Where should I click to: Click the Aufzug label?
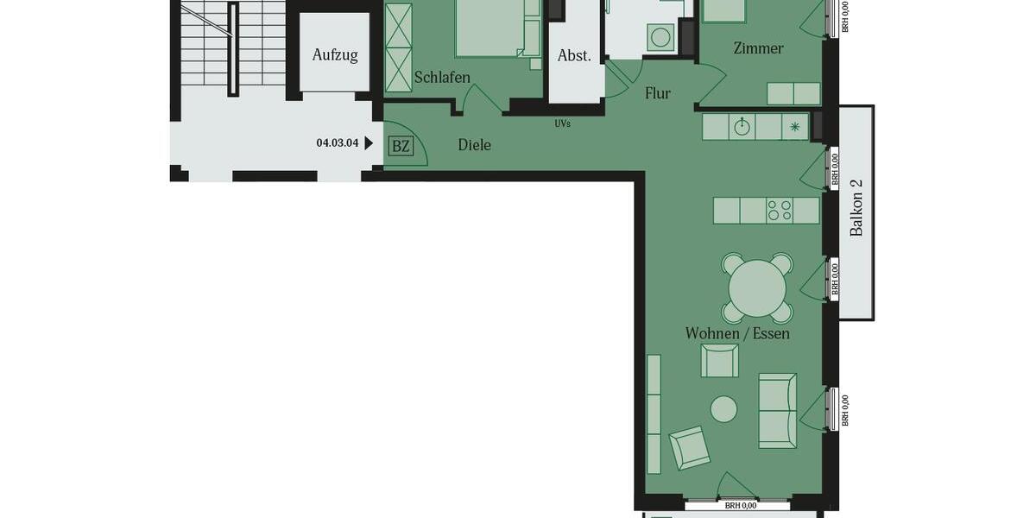click(x=334, y=55)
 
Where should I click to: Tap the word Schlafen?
click(x=442, y=78)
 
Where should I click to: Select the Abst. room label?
click(x=574, y=56)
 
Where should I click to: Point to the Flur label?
click(x=657, y=93)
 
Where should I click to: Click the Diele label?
click(x=474, y=145)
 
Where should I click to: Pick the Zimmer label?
click(x=758, y=48)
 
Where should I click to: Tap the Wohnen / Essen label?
click(x=737, y=333)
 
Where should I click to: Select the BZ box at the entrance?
click(x=401, y=146)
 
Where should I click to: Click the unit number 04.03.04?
click(x=338, y=143)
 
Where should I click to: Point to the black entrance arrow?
click(x=370, y=143)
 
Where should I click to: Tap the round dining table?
click(x=757, y=287)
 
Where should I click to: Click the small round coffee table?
click(x=723, y=409)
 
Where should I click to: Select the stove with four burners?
click(x=780, y=211)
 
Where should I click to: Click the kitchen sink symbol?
click(x=742, y=127)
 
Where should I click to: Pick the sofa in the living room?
click(x=777, y=410)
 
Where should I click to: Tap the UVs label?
click(x=562, y=123)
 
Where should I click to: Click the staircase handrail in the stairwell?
click(x=233, y=48)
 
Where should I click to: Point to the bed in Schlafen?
click(x=492, y=28)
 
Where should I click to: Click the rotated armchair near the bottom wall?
click(x=689, y=448)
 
